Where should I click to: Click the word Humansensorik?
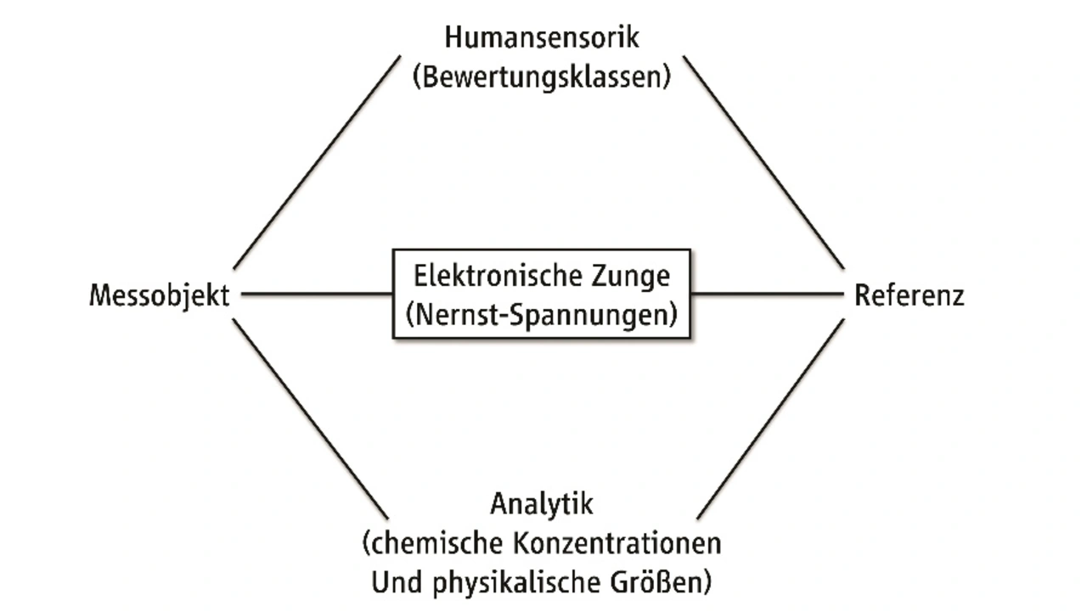click(x=541, y=38)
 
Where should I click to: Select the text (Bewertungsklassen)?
click(x=541, y=77)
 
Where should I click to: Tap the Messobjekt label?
click(x=160, y=296)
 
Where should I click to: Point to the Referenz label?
click(x=909, y=296)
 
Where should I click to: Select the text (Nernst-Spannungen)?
click(x=542, y=315)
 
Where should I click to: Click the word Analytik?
click(x=542, y=503)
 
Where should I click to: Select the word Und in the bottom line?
click(x=390, y=582)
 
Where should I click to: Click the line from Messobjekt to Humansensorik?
click(x=316, y=162)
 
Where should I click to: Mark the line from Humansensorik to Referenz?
click(x=763, y=162)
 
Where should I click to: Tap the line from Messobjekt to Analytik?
click(x=310, y=419)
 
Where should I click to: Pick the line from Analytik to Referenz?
click(x=770, y=419)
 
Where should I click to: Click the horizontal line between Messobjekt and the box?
click(x=317, y=295)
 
